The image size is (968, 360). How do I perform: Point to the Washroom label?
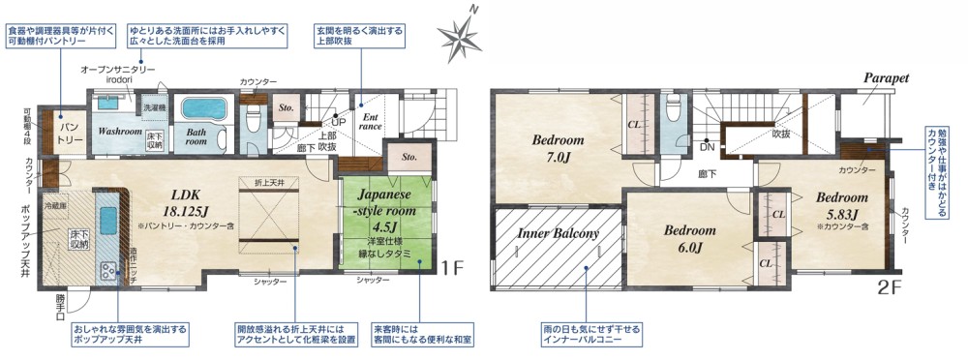pyautogui.click(x=120, y=130)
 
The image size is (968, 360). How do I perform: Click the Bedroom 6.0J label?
pyautogui.click(x=689, y=237)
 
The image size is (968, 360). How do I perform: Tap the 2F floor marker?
pyautogui.click(x=890, y=287)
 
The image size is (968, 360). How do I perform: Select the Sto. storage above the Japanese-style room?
pyautogui.click(x=408, y=157)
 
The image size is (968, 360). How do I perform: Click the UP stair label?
pyautogui.click(x=338, y=123)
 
